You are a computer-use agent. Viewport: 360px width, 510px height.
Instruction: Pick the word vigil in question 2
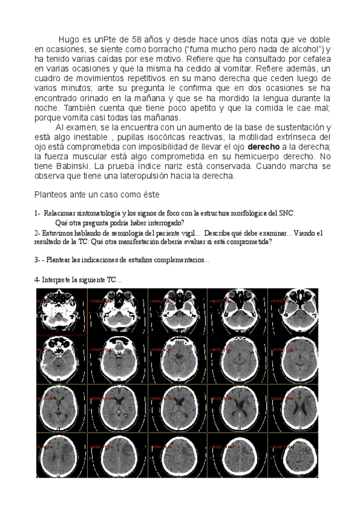pyautogui.click(x=186, y=233)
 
